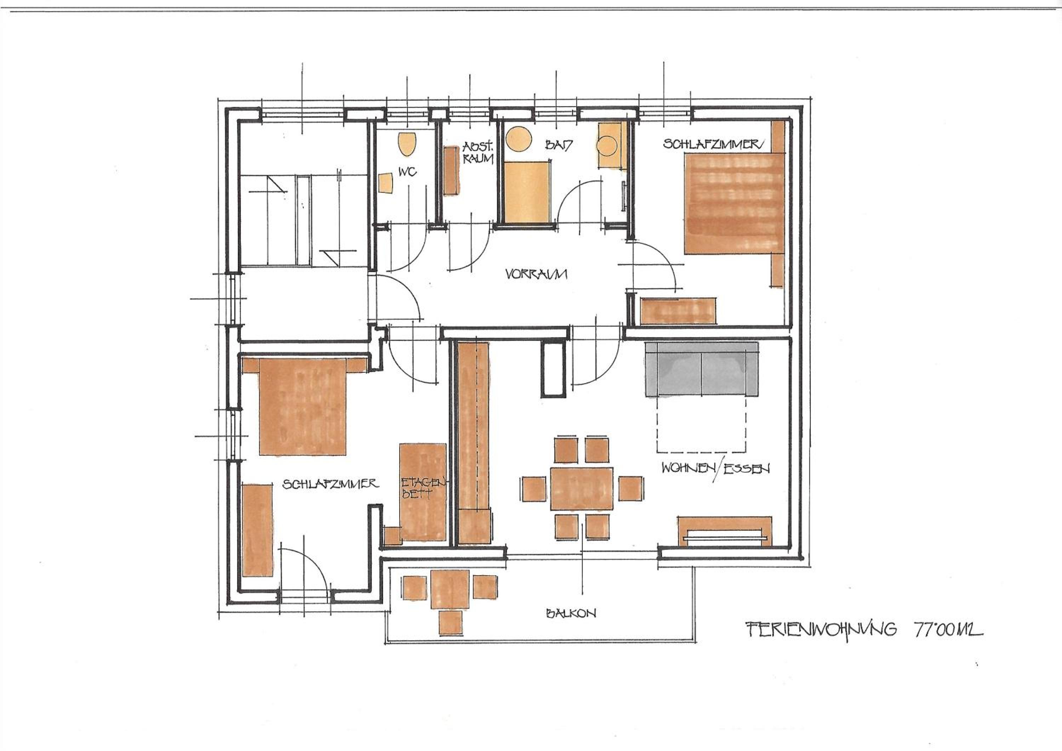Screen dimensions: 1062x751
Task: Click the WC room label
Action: (x=407, y=172)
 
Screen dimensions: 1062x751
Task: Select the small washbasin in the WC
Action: (x=385, y=183)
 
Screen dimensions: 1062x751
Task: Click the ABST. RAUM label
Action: (x=478, y=153)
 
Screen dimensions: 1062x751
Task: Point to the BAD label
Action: (x=559, y=145)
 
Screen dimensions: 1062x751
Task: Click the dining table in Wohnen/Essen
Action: (x=581, y=489)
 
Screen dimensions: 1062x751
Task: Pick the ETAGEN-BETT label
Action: (x=422, y=488)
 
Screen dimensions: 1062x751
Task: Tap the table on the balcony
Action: (x=450, y=589)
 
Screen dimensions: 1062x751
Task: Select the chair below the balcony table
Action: (x=451, y=622)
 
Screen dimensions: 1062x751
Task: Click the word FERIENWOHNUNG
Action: (x=821, y=630)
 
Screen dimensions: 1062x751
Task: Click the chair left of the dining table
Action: (x=534, y=489)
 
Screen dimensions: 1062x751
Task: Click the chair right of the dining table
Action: (x=630, y=488)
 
